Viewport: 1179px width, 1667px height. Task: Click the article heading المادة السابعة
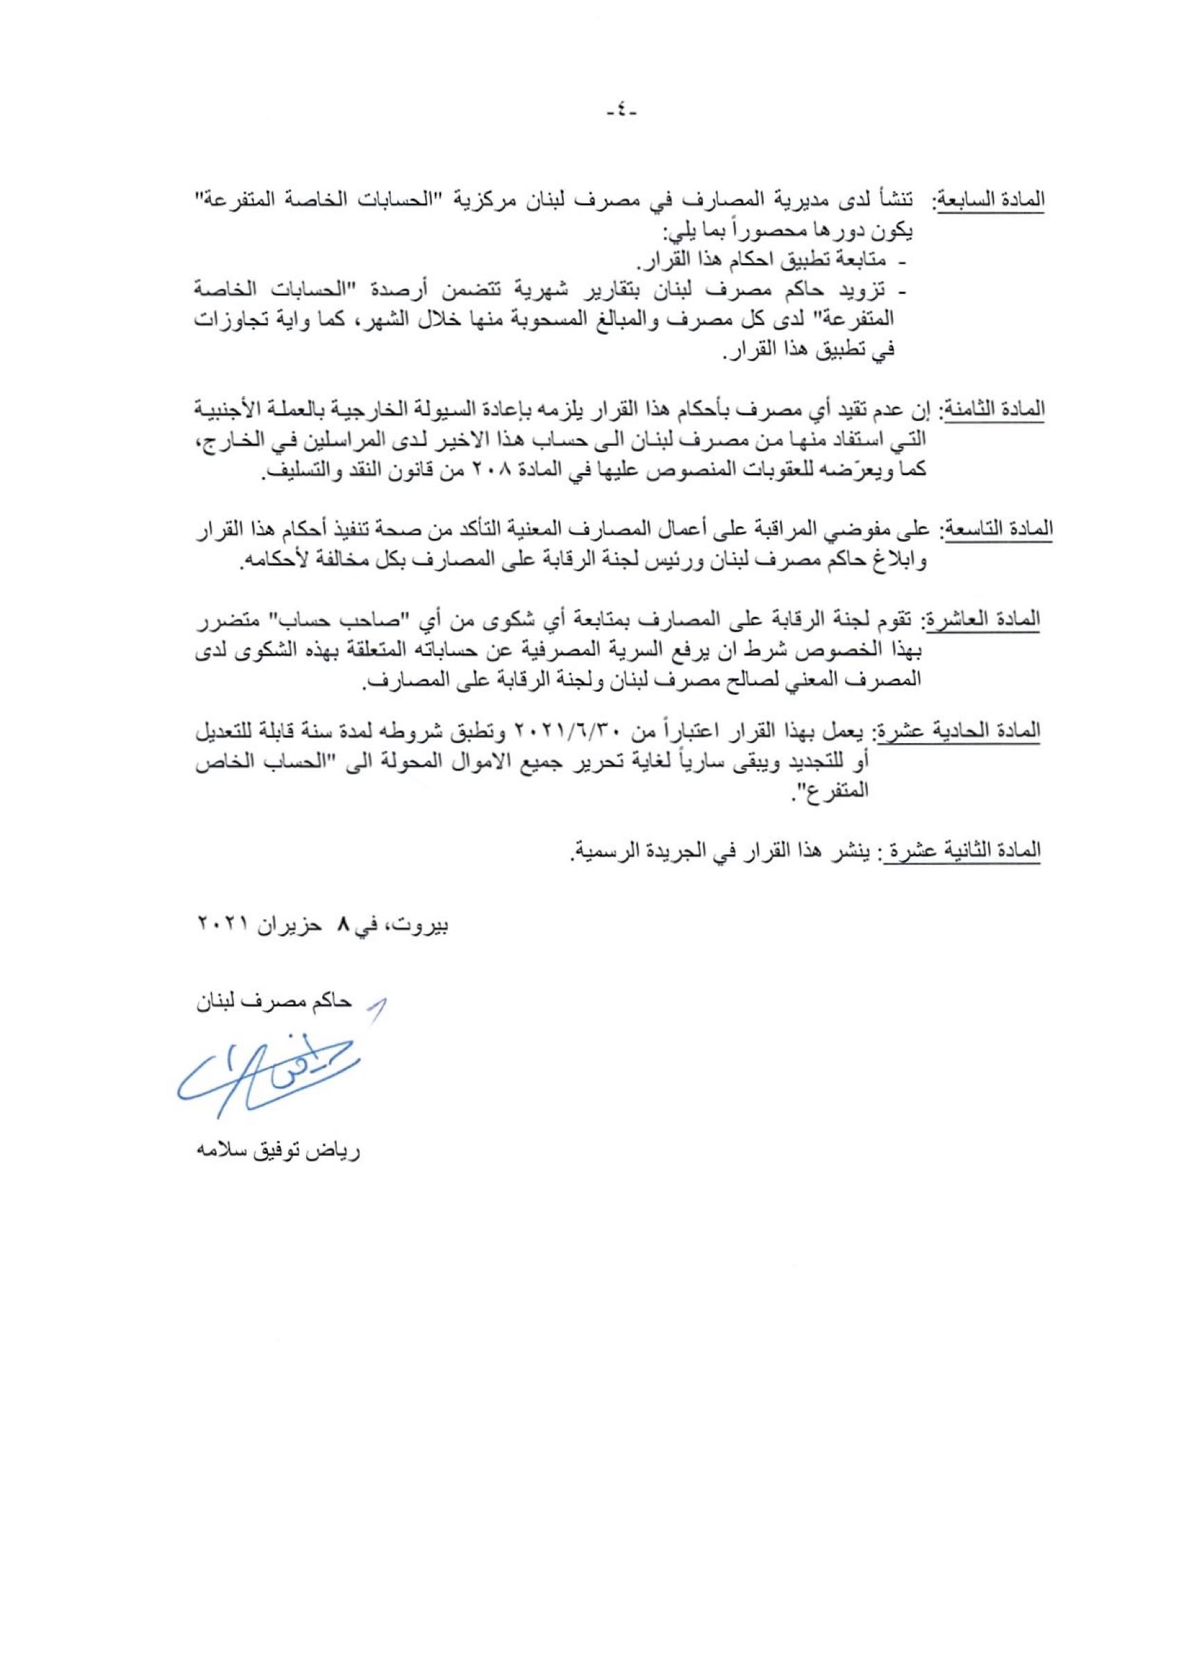point(992,201)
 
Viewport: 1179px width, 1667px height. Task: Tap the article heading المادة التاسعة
point(998,529)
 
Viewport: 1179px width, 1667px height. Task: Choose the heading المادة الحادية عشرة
point(960,731)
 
